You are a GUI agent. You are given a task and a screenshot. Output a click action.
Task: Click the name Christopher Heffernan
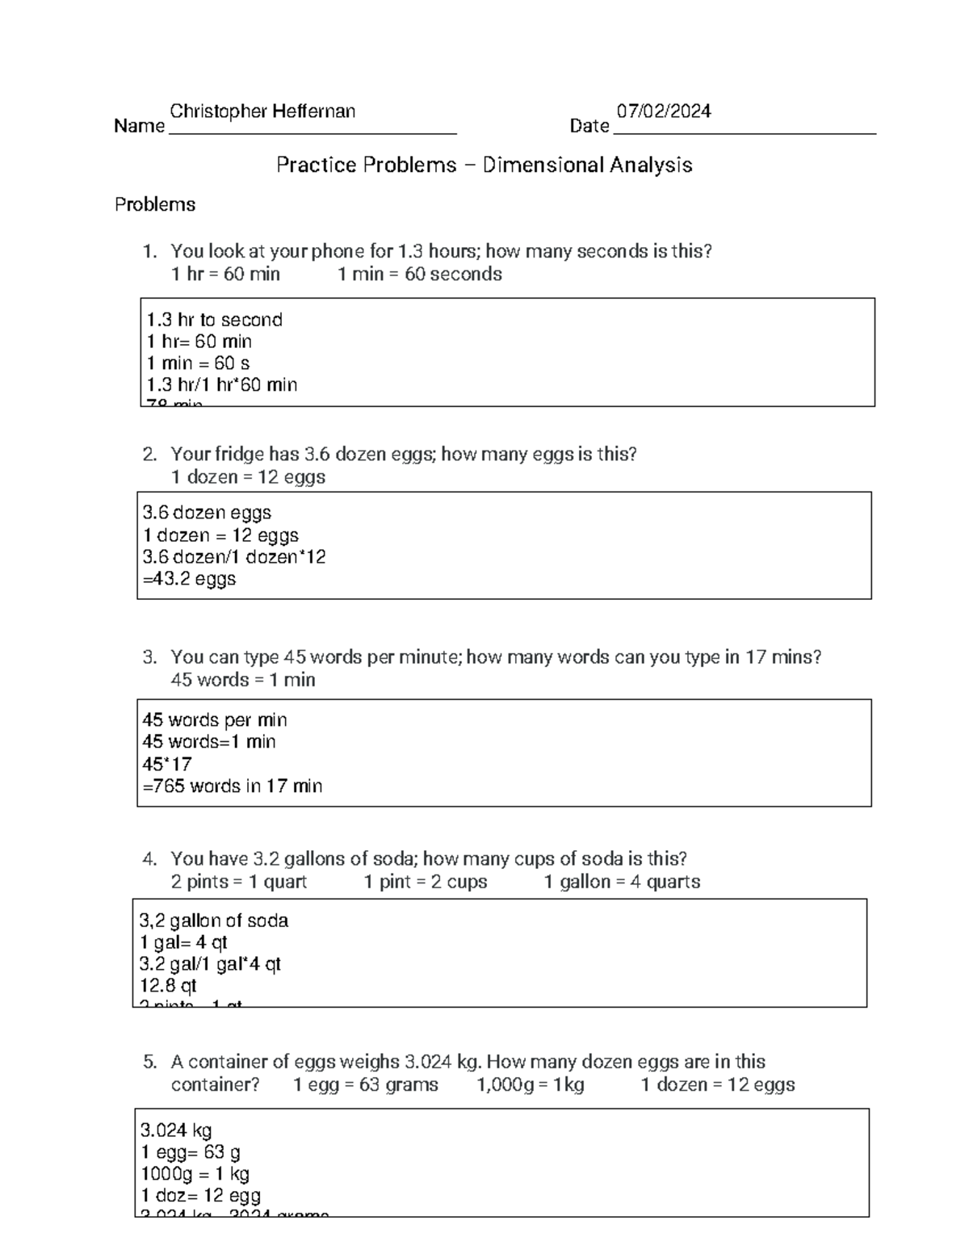262,111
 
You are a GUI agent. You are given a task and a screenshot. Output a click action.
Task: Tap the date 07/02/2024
663,111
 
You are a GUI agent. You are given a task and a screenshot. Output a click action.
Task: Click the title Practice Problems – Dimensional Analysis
484,166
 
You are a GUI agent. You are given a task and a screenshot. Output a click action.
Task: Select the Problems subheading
155,205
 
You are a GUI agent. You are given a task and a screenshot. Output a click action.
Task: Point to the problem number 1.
149,252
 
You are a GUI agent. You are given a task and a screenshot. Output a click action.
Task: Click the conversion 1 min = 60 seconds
419,275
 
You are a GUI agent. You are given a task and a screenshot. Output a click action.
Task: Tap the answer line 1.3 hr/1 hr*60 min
222,385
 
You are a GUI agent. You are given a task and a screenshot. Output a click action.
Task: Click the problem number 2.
149,455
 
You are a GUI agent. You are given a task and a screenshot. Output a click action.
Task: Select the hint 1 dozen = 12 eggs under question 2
248,477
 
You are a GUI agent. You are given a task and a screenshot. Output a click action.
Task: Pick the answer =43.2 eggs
189,579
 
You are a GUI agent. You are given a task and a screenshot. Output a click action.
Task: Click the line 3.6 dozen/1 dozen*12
234,557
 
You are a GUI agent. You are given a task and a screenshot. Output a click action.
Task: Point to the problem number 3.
149,657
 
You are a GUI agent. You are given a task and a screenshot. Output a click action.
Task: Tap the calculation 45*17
167,764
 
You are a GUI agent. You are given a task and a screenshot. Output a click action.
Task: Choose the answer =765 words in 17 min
232,786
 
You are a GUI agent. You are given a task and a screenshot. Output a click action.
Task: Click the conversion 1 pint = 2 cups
426,882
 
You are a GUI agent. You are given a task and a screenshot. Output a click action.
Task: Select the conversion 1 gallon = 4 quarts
622,882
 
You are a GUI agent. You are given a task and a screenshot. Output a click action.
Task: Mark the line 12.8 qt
168,986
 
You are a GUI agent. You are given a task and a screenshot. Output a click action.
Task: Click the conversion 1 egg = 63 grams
366,1084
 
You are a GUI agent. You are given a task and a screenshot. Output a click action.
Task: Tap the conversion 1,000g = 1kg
531,1084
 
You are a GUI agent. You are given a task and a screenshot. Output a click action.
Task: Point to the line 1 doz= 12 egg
200,1196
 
